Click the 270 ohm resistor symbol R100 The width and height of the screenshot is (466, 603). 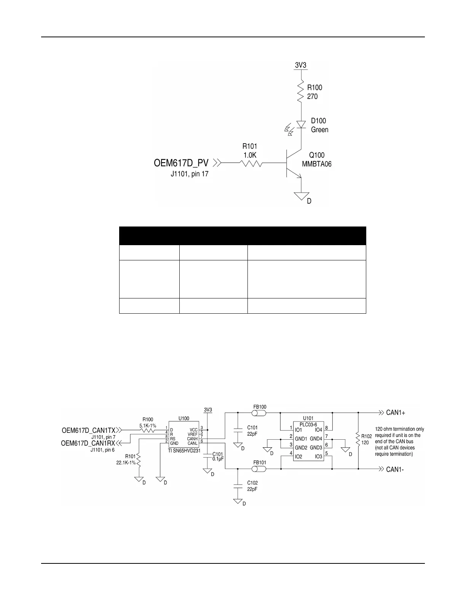(x=301, y=92)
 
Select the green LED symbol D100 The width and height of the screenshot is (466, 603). (x=302, y=124)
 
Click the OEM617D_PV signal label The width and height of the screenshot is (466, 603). (x=181, y=163)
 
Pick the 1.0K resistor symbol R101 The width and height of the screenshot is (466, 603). (x=250, y=163)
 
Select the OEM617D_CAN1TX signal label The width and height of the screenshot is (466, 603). (x=88, y=431)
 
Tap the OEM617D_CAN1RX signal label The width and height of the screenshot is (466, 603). (x=88, y=443)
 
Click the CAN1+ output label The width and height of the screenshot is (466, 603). (x=396, y=413)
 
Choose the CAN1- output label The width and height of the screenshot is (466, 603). (x=395, y=469)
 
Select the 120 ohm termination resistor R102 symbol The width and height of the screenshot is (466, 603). (x=358, y=440)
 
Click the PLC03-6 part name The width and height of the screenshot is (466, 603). (x=308, y=424)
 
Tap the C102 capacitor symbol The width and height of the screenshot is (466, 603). (x=238, y=486)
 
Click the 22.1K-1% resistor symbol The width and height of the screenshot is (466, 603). (x=139, y=461)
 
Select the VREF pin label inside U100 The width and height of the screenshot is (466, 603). (x=192, y=434)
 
